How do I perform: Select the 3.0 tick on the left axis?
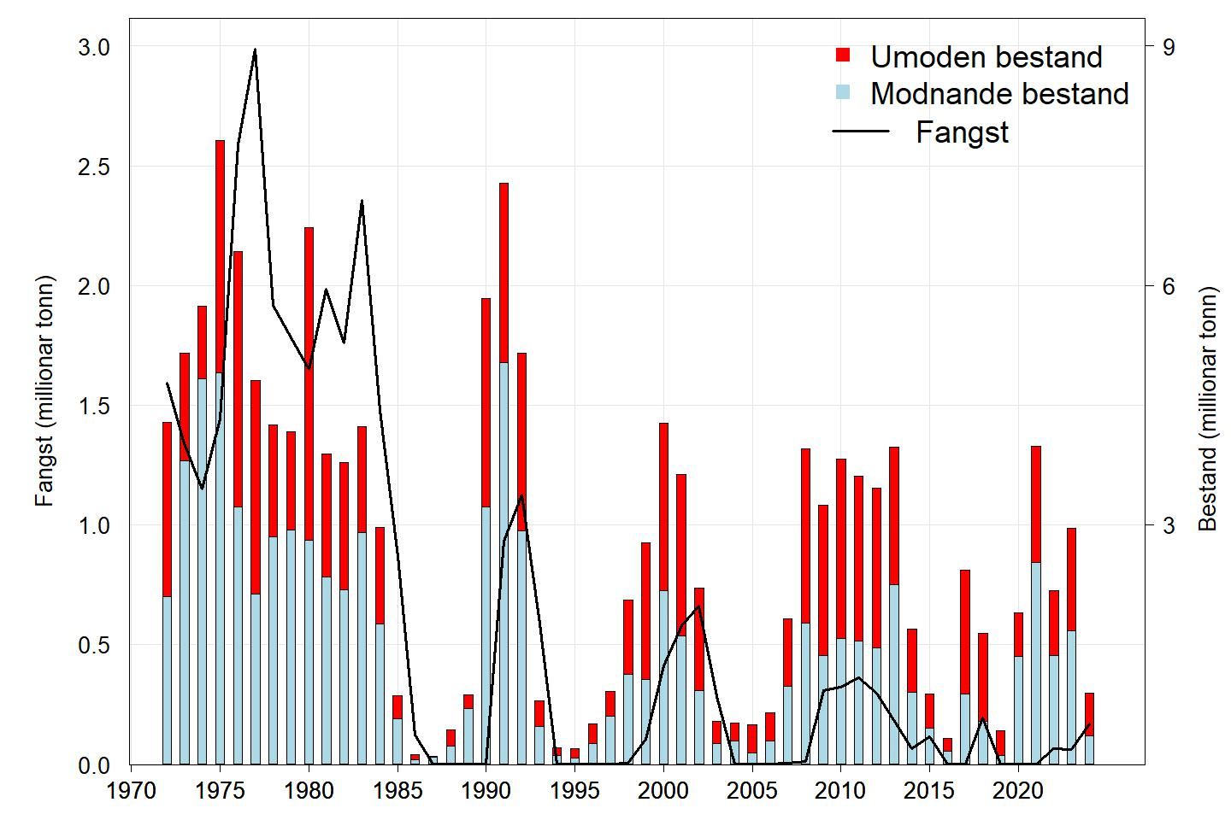tap(93, 48)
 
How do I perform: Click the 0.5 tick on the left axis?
tap(93, 646)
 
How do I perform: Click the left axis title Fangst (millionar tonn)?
tap(44, 391)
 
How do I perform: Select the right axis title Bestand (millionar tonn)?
tap(1207, 409)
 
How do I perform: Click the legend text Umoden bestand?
tap(986, 57)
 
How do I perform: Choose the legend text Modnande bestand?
tap(999, 94)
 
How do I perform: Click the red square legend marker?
tap(843, 56)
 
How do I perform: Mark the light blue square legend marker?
tap(843, 92)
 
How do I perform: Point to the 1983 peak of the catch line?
tap(362, 202)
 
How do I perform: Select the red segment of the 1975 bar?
tap(220, 256)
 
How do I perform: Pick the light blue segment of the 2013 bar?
tap(894, 674)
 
